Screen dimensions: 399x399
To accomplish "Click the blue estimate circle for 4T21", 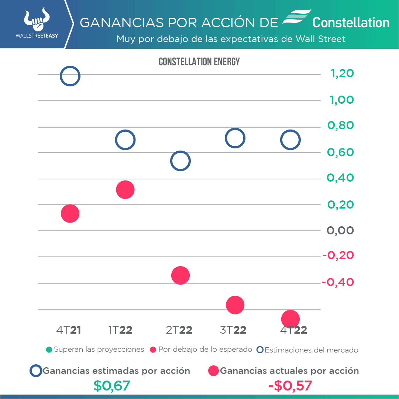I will coord(70,76).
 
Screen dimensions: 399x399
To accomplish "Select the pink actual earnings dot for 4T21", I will coord(70,213).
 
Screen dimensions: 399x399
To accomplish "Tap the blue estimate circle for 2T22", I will coord(180,161).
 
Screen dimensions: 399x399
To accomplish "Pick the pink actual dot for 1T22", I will coord(125,190).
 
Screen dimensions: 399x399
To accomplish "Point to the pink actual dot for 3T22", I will coord(235,305).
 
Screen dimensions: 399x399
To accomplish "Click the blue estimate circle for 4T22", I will coord(290,140).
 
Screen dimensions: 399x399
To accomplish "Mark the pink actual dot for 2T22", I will coord(180,275).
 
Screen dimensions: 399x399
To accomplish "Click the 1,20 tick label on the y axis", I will coord(342,73).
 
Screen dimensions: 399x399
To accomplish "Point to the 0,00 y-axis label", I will coord(340,230).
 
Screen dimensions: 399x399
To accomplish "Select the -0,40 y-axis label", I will coord(338,282).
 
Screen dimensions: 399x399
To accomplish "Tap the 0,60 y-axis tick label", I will coord(340,152).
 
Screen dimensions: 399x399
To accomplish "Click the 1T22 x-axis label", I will coord(120,330).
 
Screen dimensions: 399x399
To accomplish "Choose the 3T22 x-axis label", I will coord(233,330).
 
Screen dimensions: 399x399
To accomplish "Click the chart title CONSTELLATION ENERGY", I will coord(199,62).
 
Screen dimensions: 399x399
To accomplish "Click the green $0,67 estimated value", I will coord(111,386).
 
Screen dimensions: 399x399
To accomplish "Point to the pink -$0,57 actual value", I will coord(290,386).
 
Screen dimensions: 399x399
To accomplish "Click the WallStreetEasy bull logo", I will coord(37,20).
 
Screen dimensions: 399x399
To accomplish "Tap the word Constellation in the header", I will coord(351,23).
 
